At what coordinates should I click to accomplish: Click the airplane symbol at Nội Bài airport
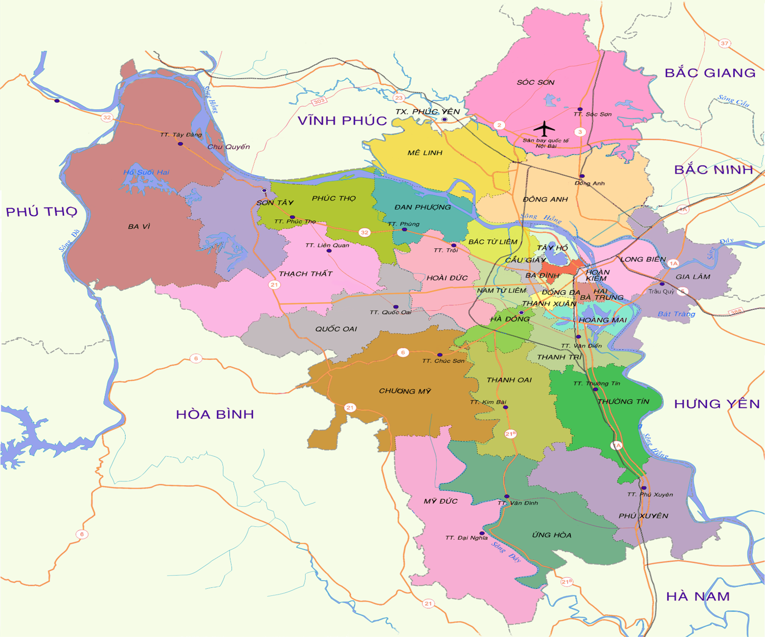click(544, 128)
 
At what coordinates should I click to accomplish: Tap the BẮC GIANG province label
click(710, 73)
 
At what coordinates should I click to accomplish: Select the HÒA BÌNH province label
click(215, 414)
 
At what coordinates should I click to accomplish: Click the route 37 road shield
click(724, 43)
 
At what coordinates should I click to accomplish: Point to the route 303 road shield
click(318, 101)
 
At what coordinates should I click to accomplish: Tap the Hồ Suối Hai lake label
click(146, 172)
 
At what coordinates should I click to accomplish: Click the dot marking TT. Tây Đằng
click(180, 144)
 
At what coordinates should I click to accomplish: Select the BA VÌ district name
click(139, 226)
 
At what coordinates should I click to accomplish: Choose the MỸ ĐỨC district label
click(440, 501)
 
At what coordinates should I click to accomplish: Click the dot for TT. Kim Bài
click(506, 407)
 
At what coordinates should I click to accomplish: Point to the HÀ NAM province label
click(697, 596)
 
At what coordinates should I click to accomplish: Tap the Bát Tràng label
click(676, 314)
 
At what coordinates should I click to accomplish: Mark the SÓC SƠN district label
click(535, 82)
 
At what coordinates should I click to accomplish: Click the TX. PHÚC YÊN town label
click(427, 112)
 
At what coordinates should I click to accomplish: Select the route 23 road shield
click(399, 98)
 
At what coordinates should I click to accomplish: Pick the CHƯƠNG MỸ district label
click(405, 391)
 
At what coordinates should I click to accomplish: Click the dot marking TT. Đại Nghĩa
click(482, 533)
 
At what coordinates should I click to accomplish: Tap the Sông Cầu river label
click(733, 100)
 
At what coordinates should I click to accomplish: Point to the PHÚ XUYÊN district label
click(643, 516)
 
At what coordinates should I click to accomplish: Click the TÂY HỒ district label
click(552, 248)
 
